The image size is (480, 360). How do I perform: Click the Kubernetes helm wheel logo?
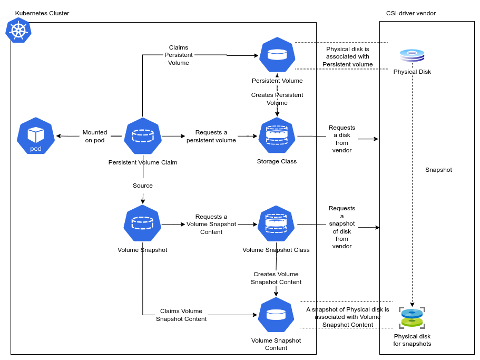click(x=18, y=30)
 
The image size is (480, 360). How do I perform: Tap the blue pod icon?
click(x=36, y=136)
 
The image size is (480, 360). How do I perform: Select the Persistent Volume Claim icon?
click(x=142, y=136)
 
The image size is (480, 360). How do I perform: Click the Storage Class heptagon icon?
click(x=277, y=135)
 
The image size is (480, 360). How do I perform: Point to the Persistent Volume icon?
click(x=277, y=55)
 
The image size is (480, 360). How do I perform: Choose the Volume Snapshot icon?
click(x=142, y=223)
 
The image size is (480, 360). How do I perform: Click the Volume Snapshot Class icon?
click(x=276, y=223)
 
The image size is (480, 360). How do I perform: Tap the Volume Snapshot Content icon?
click(x=276, y=315)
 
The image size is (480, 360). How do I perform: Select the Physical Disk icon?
click(x=412, y=55)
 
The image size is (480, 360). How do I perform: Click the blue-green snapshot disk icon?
click(x=412, y=318)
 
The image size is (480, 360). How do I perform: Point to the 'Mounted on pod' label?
click(x=95, y=136)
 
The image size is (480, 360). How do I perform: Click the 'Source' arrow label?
click(x=143, y=186)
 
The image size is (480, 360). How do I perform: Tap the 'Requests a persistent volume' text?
click(x=211, y=136)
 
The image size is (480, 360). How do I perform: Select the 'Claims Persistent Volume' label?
click(x=179, y=55)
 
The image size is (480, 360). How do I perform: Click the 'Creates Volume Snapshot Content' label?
click(x=276, y=278)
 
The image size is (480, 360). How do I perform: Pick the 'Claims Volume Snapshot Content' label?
click(x=181, y=315)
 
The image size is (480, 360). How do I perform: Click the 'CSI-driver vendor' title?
click(x=411, y=13)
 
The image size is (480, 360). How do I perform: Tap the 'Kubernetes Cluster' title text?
click(x=42, y=13)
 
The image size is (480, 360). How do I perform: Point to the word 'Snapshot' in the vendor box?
click(x=438, y=170)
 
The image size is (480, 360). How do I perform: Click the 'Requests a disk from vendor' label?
click(x=342, y=139)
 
